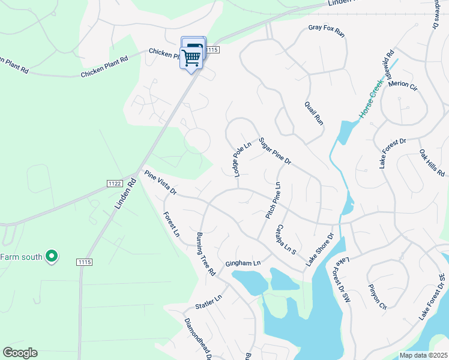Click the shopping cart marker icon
click(x=191, y=58)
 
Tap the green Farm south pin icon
click(x=52, y=257)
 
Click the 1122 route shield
click(x=116, y=183)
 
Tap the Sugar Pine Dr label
click(x=275, y=152)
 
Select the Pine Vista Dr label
click(x=160, y=182)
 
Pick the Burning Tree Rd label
click(x=206, y=253)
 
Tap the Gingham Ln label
click(x=243, y=263)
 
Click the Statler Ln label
click(x=209, y=302)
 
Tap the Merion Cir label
click(x=402, y=84)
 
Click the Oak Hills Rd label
click(x=432, y=163)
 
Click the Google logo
click(x=20, y=353)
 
